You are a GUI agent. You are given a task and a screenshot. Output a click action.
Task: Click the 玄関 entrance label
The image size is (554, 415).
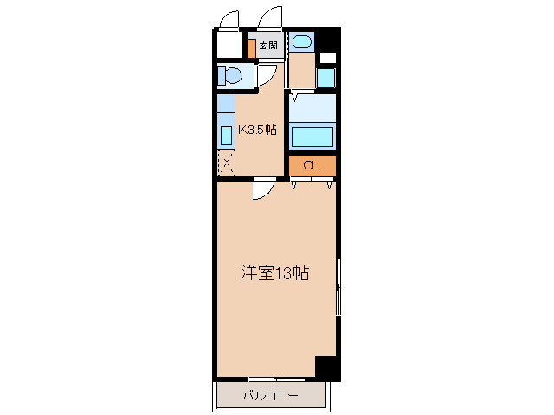(267, 46)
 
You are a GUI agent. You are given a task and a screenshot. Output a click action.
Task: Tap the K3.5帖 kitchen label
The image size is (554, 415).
(257, 130)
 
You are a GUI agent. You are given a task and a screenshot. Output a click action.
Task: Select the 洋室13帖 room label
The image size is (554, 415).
(274, 274)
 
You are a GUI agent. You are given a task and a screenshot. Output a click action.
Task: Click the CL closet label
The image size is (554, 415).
(312, 165)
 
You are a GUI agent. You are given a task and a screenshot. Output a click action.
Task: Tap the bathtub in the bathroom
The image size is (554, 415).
(312, 137)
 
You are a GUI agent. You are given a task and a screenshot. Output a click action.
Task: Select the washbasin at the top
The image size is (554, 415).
(300, 41)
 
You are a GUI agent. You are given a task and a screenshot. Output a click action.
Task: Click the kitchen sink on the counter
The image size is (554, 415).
(225, 135)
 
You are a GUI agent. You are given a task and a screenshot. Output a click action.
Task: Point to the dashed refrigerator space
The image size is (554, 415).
(225, 163)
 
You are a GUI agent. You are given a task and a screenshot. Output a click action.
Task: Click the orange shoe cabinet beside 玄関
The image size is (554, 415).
(251, 48)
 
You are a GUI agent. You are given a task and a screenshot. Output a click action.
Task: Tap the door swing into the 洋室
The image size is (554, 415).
(264, 190)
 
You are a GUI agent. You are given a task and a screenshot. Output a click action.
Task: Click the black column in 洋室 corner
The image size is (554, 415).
(327, 367)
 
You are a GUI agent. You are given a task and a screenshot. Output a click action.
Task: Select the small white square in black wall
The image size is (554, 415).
(327, 58)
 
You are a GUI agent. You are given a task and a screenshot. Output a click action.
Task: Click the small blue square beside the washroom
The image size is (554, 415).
(325, 78)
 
